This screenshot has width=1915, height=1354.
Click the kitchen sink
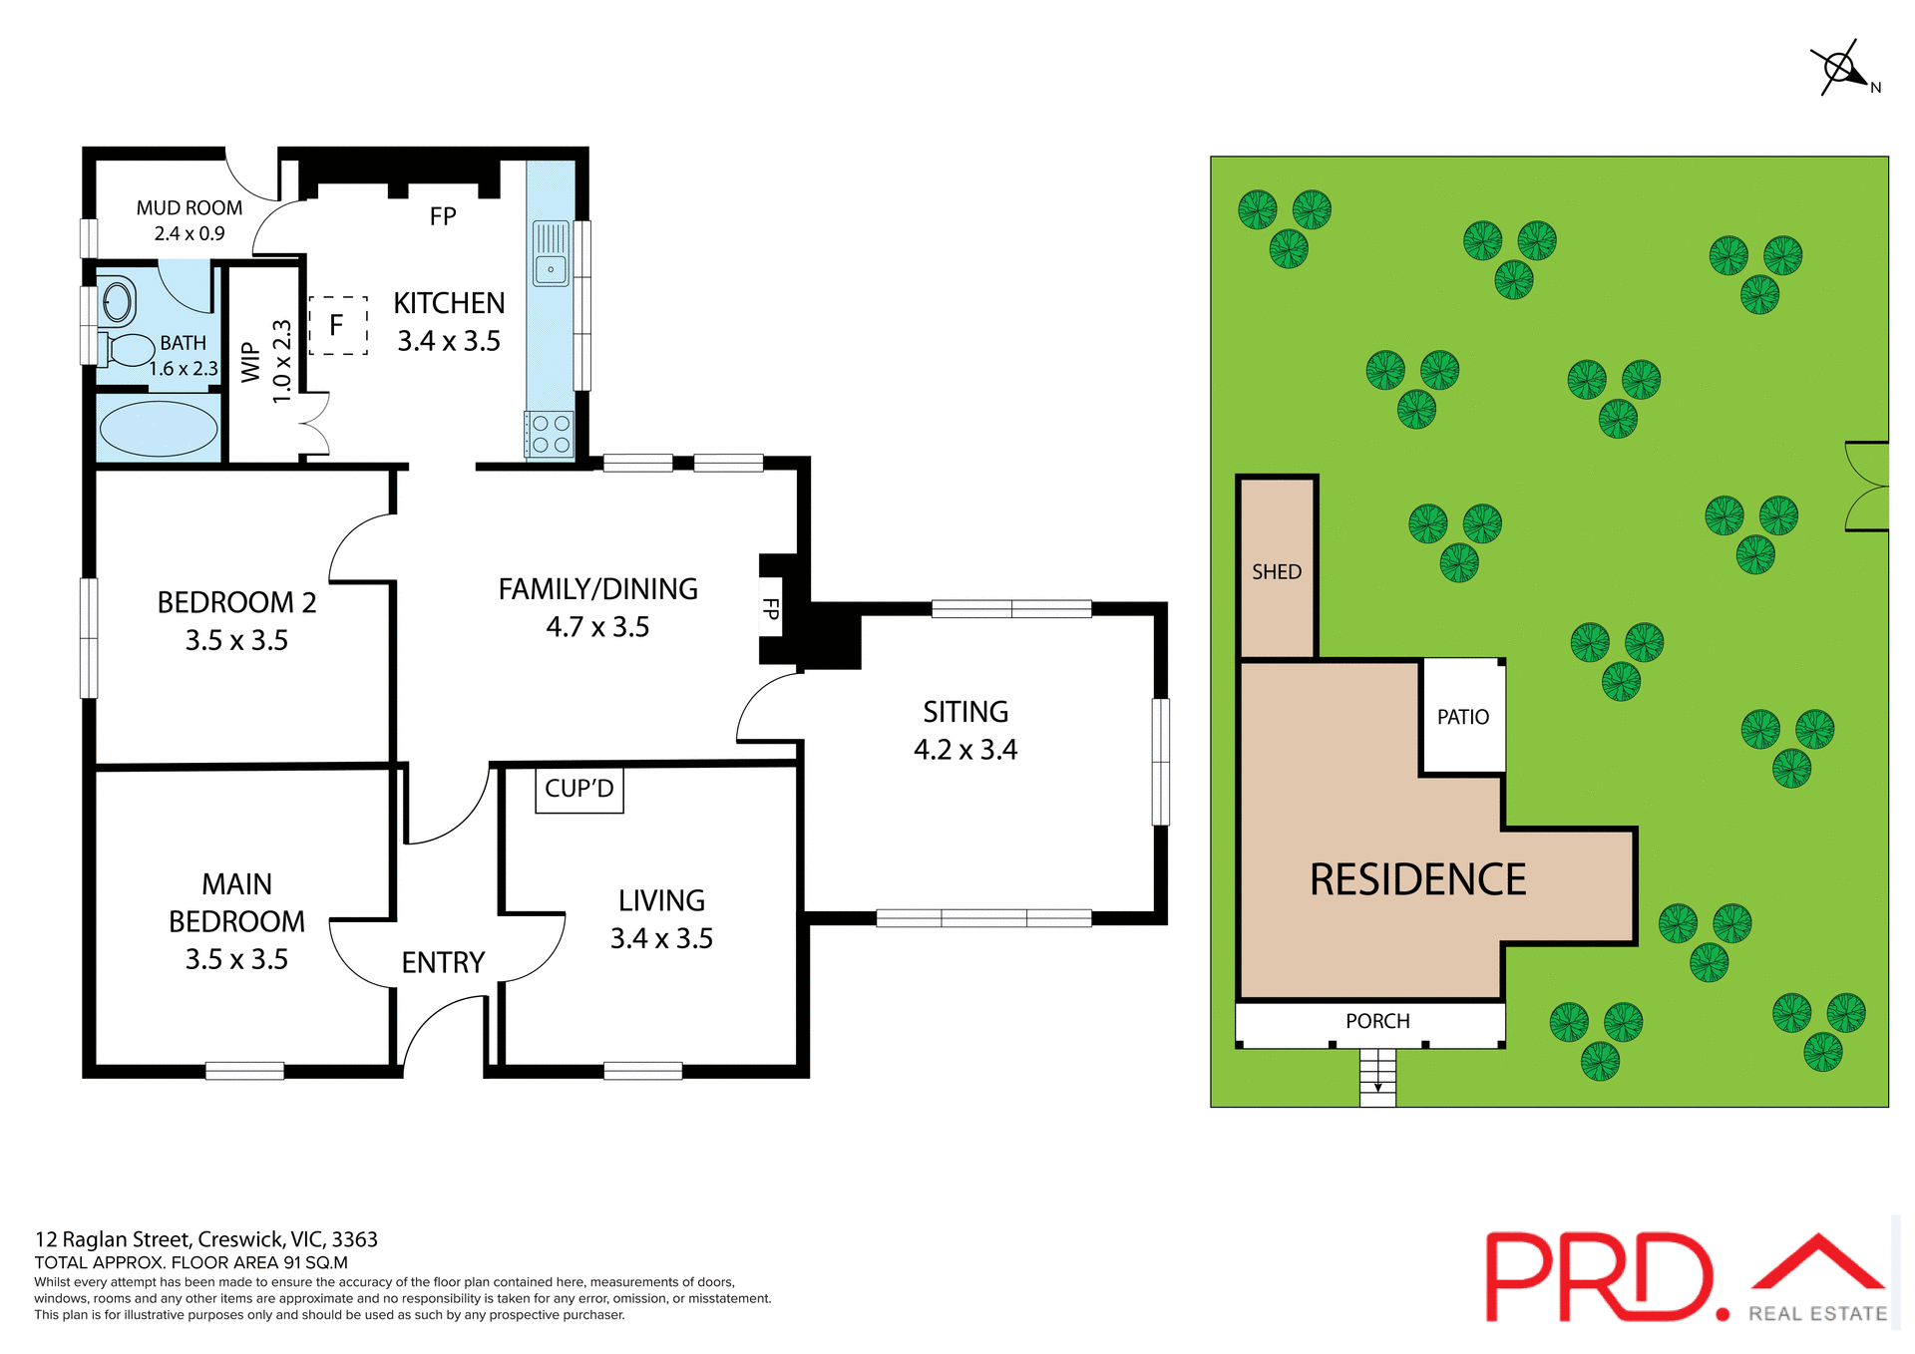(x=551, y=253)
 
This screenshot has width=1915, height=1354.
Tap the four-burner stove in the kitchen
(x=551, y=435)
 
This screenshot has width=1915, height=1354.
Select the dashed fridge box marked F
(x=338, y=325)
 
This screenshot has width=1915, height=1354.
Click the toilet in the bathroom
(x=128, y=350)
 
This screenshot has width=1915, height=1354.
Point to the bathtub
(x=159, y=429)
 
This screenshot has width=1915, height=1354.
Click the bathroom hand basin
(x=118, y=301)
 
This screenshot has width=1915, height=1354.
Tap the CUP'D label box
(x=579, y=789)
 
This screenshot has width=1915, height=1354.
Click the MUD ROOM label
(x=190, y=208)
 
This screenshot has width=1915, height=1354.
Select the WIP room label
(x=251, y=362)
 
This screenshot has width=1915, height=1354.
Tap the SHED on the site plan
(x=1277, y=570)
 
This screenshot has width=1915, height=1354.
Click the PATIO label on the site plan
(x=1462, y=717)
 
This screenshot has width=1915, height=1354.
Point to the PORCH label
(x=1377, y=1021)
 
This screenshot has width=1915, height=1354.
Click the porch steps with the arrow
(x=1377, y=1078)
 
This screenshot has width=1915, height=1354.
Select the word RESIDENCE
(x=1417, y=879)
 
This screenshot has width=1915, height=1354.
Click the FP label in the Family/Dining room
(x=771, y=608)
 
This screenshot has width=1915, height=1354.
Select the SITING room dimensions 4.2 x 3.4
(x=965, y=750)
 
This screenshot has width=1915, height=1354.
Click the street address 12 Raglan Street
(x=206, y=1239)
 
